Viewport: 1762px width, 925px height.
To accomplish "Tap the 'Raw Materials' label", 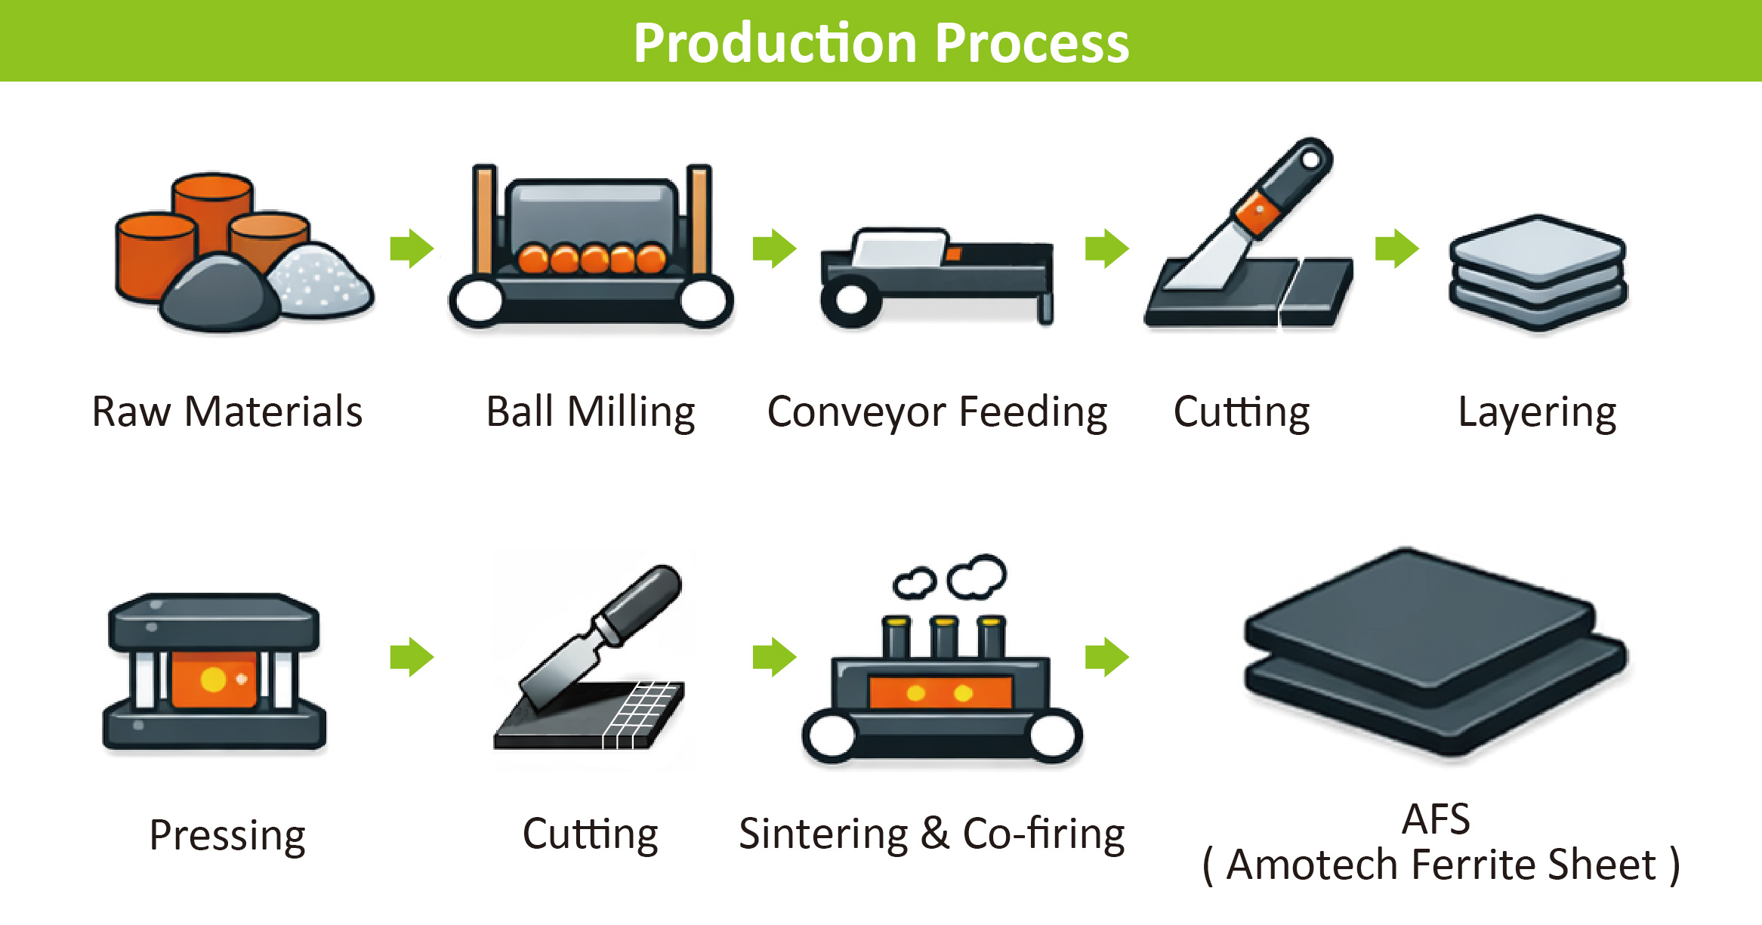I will point(227,412).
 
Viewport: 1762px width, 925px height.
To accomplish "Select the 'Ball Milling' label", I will point(590,412).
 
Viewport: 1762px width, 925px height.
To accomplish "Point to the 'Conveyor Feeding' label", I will point(937,412).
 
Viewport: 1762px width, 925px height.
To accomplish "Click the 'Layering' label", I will point(1537,412).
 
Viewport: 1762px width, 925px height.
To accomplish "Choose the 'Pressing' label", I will point(227,835).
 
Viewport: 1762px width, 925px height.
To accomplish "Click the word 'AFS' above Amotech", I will point(1436,819).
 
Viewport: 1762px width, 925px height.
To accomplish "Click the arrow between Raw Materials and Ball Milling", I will point(412,248).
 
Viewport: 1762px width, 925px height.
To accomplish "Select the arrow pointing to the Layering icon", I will point(1396,248).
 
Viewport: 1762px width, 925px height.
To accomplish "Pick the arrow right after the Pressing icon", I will point(412,656).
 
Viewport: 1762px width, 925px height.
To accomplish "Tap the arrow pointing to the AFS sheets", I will point(1106,656).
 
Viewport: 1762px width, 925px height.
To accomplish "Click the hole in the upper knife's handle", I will point(1311,159).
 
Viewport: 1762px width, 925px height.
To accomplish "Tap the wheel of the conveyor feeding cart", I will point(851,300).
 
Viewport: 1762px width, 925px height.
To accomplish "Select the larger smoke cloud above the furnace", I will point(978,575).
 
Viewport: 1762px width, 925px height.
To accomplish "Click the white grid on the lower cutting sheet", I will point(642,714).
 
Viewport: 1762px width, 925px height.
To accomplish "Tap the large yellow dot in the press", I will point(214,679).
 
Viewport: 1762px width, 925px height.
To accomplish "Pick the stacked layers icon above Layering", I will point(1538,272).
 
